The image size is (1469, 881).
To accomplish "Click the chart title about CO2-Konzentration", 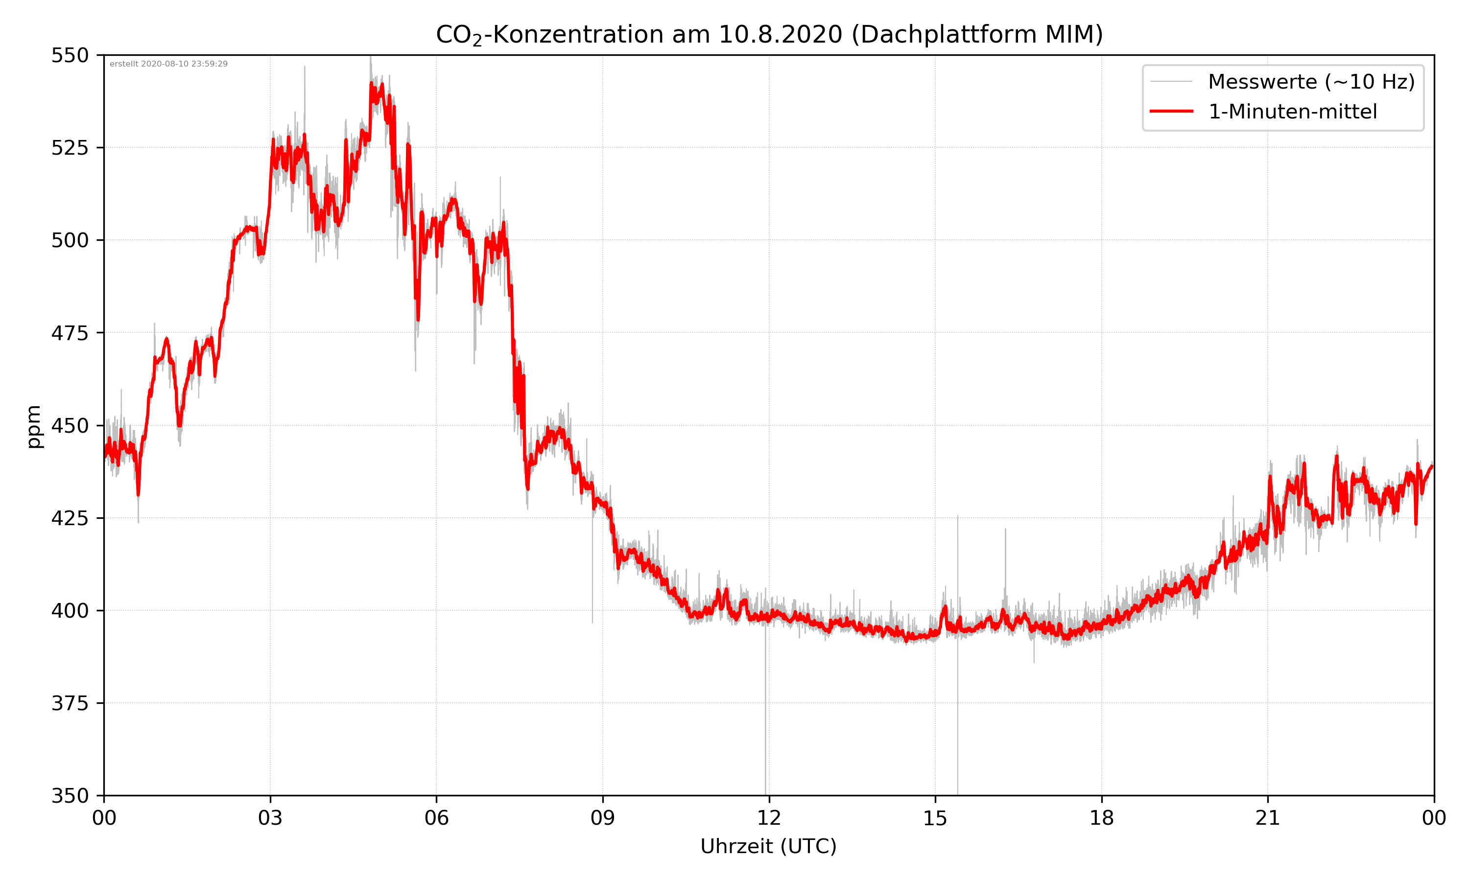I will pos(769,34).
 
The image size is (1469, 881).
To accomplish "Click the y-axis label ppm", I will pos(34,426).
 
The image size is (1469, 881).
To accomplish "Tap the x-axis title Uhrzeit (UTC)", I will pos(768,846).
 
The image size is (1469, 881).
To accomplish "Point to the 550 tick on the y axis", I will pos(70,55).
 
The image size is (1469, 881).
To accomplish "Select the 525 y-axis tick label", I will pos(70,148).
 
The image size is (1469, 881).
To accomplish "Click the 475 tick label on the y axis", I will pos(70,333).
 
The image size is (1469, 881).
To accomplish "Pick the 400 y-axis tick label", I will pos(70,611).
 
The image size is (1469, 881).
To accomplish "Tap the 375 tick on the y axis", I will pos(70,703).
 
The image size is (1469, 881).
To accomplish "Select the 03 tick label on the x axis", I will pos(270,818).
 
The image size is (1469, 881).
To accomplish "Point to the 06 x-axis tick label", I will pos(436,818).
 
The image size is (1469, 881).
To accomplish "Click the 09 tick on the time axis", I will pos(603,818).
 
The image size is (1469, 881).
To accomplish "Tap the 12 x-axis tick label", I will pos(769,818).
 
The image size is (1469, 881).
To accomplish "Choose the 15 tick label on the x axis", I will pos(935,818).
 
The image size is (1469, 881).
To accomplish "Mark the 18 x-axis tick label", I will pos(1101,818).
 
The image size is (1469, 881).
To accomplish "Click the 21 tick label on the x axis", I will pos(1268,818).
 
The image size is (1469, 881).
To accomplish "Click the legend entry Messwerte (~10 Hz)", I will pos(1311,82).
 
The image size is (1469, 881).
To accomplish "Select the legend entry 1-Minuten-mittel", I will pos(1292,112).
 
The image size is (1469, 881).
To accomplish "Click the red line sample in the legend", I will pos(1171,112).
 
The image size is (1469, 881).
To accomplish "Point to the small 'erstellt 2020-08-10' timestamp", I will pos(168,64).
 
